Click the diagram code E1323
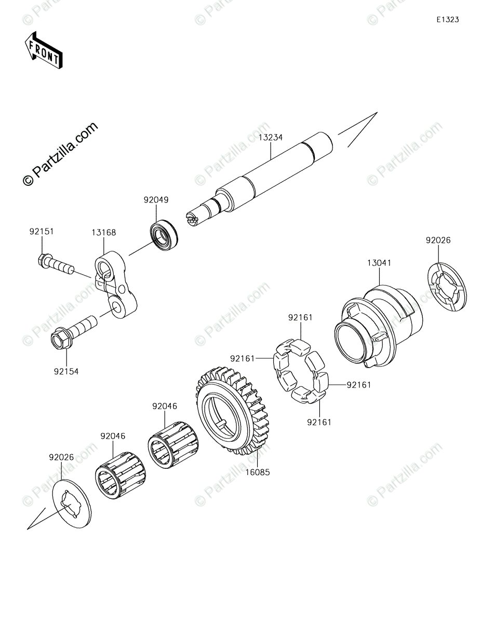point(447,20)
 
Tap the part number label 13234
point(271,138)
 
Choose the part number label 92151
point(41,232)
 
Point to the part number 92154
point(66,371)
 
